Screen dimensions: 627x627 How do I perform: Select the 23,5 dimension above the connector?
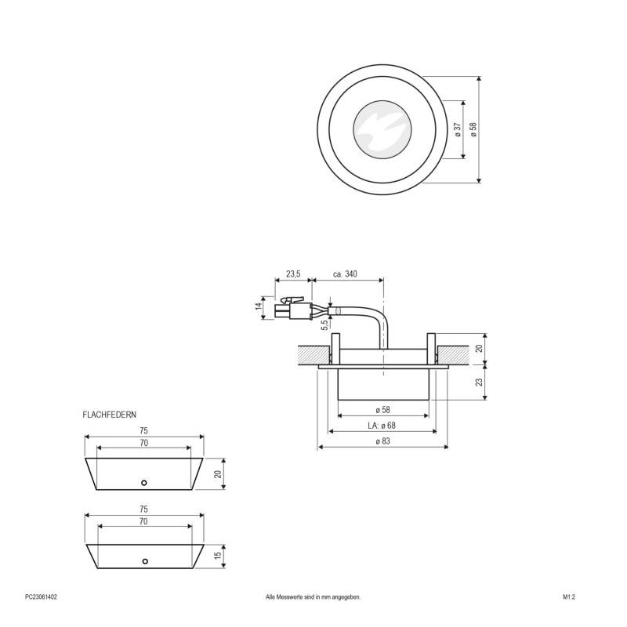pos(292,274)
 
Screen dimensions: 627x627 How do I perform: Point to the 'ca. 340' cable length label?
pos(345,274)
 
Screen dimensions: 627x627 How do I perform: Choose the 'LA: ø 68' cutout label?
pos(382,426)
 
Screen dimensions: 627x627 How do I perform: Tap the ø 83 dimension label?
pos(382,442)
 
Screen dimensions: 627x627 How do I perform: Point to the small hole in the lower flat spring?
pos(144,561)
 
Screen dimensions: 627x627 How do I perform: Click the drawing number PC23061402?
pos(41,596)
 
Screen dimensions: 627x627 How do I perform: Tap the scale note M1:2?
pos(569,596)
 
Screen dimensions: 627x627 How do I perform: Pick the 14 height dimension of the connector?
pos(259,306)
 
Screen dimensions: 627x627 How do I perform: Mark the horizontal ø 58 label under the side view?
pos(382,410)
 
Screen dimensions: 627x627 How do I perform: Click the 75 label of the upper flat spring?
pos(143,431)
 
